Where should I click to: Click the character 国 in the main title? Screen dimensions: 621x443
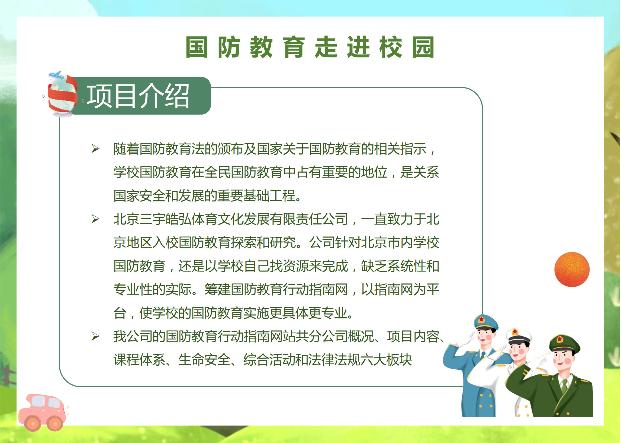(x=196, y=47)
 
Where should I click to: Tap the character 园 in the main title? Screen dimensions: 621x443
(x=423, y=47)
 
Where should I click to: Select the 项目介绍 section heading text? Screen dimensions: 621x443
(x=138, y=96)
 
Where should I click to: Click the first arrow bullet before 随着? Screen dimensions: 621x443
(x=95, y=148)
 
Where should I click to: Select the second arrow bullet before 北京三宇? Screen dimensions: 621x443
(x=95, y=219)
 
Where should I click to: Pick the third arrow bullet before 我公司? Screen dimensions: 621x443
(x=95, y=336)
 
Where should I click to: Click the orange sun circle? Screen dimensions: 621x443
(x=572, y=270)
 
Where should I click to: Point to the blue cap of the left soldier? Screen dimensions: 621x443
(x=486, y=322)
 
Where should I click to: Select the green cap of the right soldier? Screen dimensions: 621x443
(x=564, y=343)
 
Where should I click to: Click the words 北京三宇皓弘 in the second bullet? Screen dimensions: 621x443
(x=152, y=219)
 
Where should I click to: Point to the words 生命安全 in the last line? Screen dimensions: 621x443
(x=204, y=360)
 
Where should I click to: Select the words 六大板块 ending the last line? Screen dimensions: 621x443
(x=386, y=360)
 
